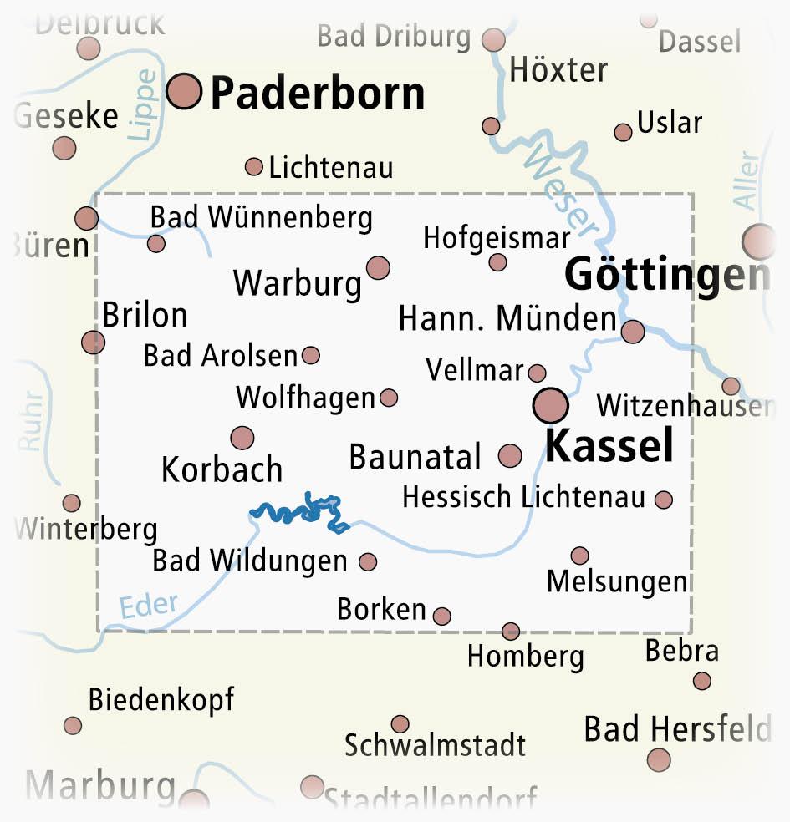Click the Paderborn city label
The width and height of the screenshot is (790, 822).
pos(317,94)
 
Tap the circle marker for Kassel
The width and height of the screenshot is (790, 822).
pos(550,406)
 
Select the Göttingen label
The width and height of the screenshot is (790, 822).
pos(666,276)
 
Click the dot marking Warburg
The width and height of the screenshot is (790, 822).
pos(378,267)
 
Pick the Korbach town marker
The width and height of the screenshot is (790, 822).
pos(242,437)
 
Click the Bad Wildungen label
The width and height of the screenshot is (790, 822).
pos(249,561)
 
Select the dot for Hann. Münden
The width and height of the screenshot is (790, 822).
pos(633,332)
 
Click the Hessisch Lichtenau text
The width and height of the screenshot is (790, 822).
pos(523,497)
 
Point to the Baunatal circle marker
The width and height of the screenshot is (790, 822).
pos(510,455)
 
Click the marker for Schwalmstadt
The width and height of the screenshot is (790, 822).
pos(400,723)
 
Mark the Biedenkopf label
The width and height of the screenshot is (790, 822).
pos(161,699)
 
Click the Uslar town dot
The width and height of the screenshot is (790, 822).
pos(623,132)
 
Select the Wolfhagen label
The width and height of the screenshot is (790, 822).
pos(305,398)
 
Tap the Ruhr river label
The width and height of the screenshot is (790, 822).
pos(32,423)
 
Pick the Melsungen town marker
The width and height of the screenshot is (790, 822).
pos(579,556)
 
